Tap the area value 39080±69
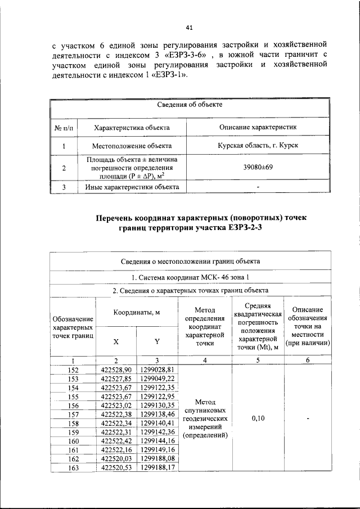[x=258, y=168]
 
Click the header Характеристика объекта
[x=132, y=128]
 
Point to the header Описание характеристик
[x=258, y=128]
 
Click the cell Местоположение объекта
[x=132, y=146]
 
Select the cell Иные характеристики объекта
[x=132, y=187]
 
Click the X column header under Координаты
[x=116, y=341]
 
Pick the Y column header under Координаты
[x=157, y=341]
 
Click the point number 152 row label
[x=73, y=370]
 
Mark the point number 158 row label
[x=73, y=422]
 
